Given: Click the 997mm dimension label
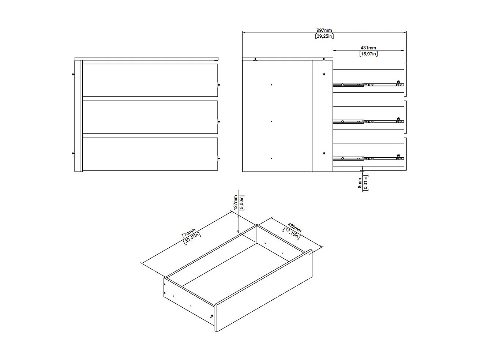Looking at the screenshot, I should pos(324,30).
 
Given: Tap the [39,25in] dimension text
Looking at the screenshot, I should pos(324,36).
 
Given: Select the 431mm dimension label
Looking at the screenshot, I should pos(368,48).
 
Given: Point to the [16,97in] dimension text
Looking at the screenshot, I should pos(368,54).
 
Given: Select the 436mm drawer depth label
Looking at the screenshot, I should pos(295,228).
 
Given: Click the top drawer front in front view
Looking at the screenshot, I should pos(150,80).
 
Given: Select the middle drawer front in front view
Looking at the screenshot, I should pos(150,117).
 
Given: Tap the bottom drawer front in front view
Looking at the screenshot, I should pos(150,154).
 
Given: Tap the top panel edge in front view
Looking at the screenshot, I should pos(146,58).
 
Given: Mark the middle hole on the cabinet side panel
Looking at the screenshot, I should pos(271,121).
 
